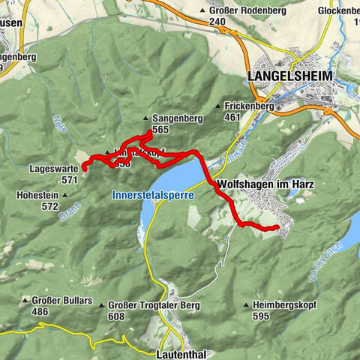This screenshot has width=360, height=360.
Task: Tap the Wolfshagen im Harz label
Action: coord(253,184)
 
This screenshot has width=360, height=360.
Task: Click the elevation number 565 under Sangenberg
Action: coord(160,130)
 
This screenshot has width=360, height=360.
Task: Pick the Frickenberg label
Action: coord(247,106)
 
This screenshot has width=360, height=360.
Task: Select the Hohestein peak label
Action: coord(34,195)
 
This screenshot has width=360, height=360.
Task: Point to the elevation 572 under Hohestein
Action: coord(50,205)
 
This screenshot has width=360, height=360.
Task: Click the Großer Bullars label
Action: coord(62,301)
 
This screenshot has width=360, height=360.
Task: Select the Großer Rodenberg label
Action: coord(238,11)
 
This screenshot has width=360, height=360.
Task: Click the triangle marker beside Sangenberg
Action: coord(146,118)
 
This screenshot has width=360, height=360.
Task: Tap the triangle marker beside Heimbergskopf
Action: coord(247,304)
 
